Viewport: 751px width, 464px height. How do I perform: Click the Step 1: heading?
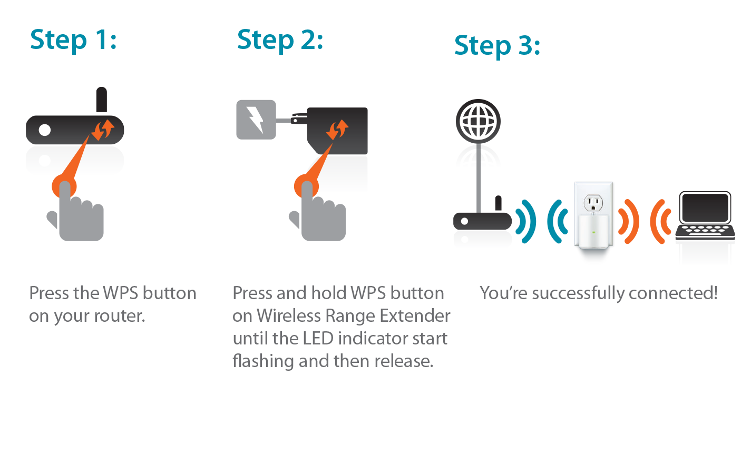[73, 40]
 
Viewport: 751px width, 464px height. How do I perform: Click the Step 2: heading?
[280, 40]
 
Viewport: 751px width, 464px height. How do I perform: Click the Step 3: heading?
[498, 46]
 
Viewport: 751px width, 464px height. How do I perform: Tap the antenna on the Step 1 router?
[102, 100]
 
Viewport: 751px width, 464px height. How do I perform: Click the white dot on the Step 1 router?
[45, 130]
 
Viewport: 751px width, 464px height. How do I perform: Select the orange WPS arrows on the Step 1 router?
[103, 130]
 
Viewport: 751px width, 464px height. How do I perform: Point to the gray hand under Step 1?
[75, 212]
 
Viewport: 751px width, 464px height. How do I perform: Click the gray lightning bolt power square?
[256, 120]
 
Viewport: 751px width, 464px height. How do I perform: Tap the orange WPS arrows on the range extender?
[337, 130]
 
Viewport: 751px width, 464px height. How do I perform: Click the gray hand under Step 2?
[317, 212]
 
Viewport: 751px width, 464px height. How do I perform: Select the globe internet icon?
[478, 121]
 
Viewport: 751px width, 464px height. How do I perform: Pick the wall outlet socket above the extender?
[593, 203]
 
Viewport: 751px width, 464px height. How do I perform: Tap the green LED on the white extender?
[594, 232]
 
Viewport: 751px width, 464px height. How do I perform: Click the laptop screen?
[705, 208]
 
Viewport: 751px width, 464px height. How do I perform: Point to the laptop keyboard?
[705, 232]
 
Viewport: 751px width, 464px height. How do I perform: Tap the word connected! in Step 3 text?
[673, 293]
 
